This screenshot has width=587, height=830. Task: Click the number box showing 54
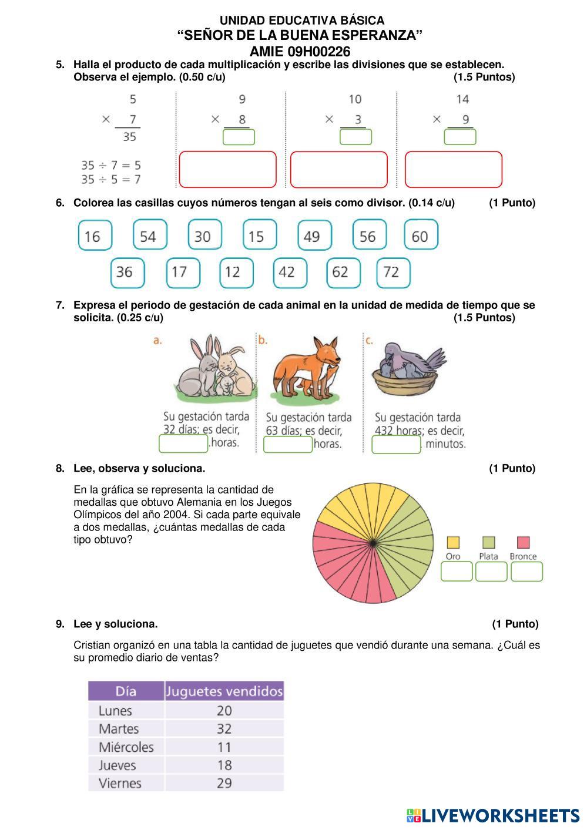150,236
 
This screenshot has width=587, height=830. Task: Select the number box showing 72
393,273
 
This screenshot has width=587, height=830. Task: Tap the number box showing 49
314,236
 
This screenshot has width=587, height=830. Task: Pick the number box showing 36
127,273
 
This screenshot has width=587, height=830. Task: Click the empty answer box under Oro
457,572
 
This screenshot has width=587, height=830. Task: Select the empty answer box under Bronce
526,572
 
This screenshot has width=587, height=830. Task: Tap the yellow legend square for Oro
453,542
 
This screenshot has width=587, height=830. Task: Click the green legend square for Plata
488,542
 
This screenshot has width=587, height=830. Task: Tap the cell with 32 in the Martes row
224,729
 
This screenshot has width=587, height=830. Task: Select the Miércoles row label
126,747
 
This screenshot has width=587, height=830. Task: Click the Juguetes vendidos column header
224,691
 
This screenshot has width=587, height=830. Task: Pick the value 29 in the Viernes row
224,784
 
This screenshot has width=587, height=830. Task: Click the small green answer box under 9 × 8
239,137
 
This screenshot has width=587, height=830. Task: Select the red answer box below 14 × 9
454,169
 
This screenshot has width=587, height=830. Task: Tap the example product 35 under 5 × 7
129,137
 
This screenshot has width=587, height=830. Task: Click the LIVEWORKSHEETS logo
492,815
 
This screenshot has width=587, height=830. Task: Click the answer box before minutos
396,445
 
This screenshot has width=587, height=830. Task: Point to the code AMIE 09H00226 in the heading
300,51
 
